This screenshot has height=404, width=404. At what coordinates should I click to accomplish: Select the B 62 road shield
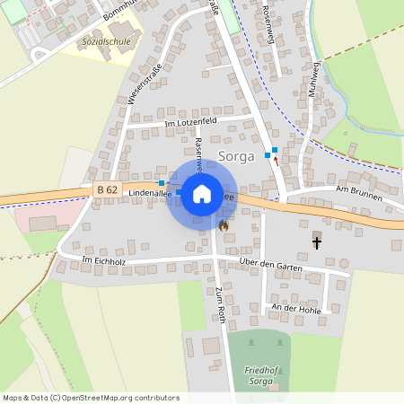point(106,189)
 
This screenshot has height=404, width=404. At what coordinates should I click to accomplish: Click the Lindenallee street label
point(149,194)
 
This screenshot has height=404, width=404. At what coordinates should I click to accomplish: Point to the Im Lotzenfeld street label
point(191,121)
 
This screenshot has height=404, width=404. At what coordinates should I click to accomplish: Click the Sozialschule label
point(104,42)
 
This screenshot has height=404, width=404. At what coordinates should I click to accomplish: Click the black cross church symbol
point(316,242)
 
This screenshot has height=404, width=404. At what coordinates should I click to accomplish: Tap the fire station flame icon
point(223,225)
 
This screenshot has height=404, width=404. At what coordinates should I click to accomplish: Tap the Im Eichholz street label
point(100,260)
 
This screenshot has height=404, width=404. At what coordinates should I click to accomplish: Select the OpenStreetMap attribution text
point(91,398)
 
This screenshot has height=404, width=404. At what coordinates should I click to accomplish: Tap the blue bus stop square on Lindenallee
point(162,183)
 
